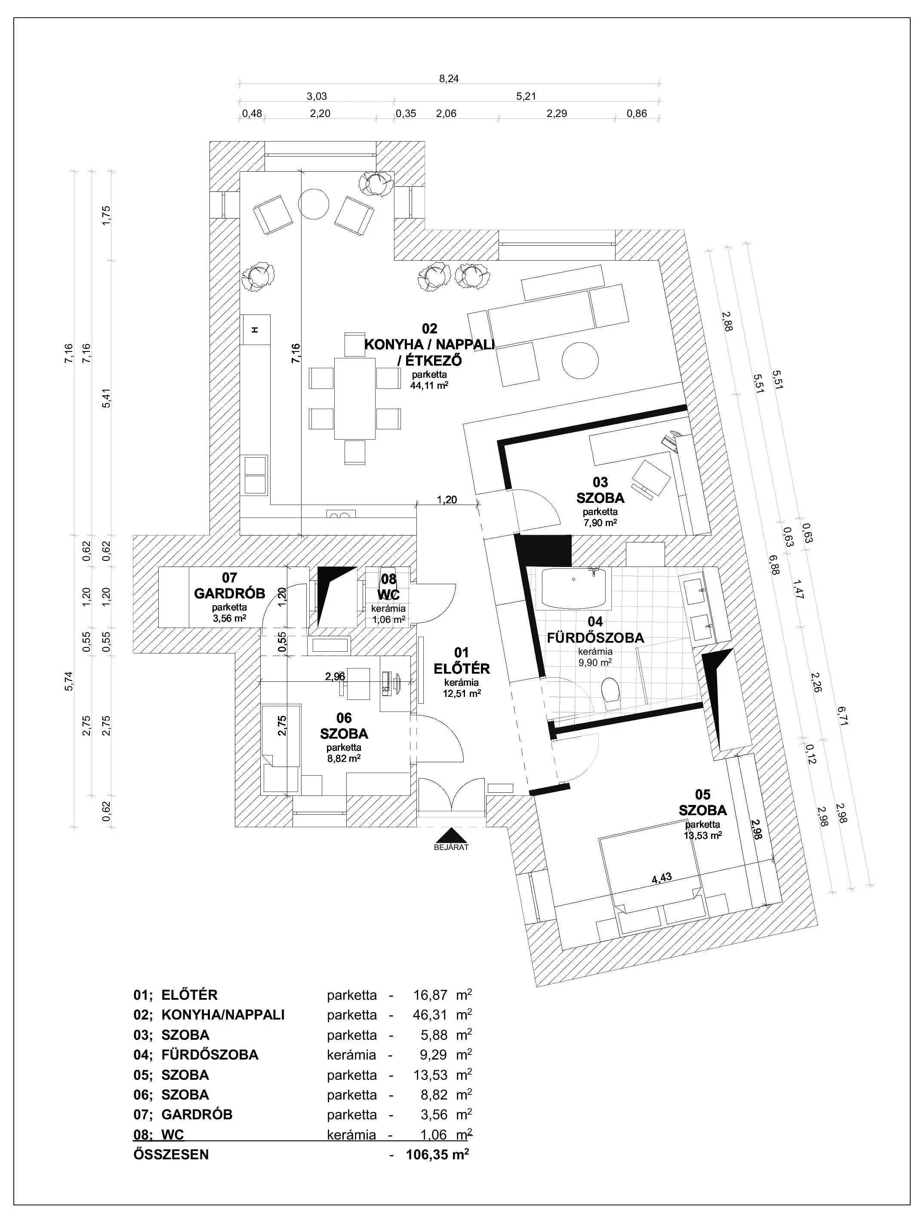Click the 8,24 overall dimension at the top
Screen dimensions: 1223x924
449,79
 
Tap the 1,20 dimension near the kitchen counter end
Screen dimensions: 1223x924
447,500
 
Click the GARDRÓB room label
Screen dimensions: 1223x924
229,593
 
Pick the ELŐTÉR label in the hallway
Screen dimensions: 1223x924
462,668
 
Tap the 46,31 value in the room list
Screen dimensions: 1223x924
430,1014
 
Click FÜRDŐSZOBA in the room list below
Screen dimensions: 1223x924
209,1054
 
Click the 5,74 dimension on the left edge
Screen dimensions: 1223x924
68,684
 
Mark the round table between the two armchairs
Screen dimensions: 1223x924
314,204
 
